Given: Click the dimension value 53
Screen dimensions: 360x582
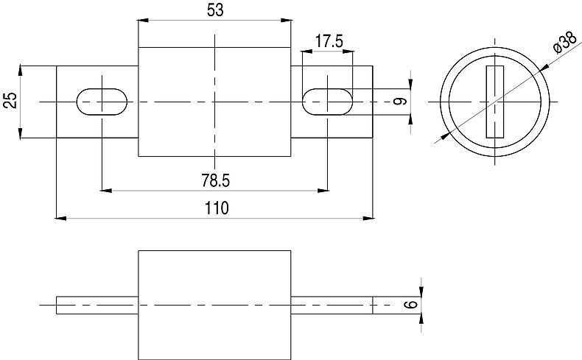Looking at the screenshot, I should click(214, 10).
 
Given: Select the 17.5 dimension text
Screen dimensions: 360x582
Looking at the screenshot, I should click(329, 41).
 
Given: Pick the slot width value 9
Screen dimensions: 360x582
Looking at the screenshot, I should click(400, 101).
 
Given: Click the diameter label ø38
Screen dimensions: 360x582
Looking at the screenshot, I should click(563, 43).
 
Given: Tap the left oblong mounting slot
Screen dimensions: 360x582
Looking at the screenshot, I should click(102, 100).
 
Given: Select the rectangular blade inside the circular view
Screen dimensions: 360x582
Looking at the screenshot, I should click(493, 101).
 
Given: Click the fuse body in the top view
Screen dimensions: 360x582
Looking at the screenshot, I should click(214, 101).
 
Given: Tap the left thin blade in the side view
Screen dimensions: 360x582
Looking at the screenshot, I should click(97, 305).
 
